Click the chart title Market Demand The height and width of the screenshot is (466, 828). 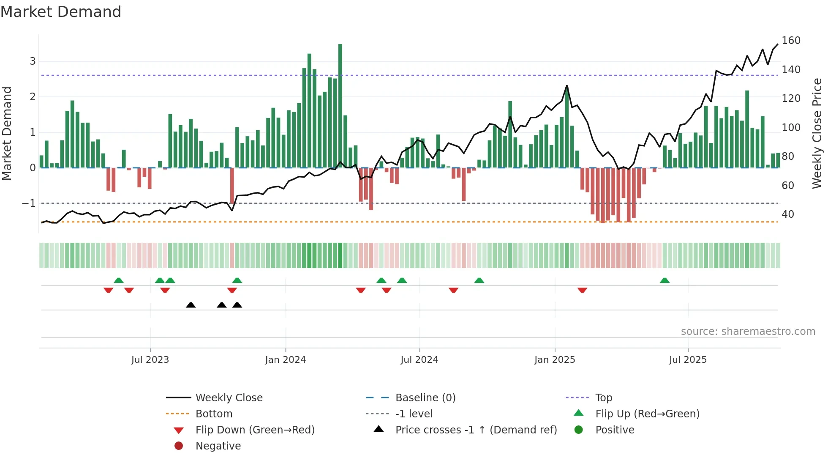[61, 12]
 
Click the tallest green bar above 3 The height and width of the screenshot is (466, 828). [340, 106]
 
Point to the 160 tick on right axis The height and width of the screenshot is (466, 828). [791, 41]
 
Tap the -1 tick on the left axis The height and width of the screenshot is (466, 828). [29, 203]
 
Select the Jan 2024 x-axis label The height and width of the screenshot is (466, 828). [285, 360]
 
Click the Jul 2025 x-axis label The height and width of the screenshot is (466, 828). [687, 360]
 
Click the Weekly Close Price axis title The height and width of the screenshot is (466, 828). [817, 133]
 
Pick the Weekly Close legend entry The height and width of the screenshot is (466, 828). [229, 398]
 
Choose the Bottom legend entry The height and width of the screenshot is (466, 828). [214, 414]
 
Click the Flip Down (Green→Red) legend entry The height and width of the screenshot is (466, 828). [255, 430]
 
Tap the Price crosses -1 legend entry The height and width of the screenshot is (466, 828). [476, 430]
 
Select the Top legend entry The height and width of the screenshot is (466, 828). [604, 398]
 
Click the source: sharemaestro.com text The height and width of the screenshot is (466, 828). [748, 332]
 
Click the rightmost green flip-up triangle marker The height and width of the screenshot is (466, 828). [665, 280]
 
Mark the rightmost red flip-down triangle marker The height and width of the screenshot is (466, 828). [582, 290]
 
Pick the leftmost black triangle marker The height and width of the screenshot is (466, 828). [191, 305]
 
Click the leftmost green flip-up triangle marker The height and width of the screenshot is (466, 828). [119, 280]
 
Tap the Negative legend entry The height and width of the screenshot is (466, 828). [218, 446]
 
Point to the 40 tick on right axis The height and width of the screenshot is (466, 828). [787, 214]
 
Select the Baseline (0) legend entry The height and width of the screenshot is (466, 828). [425, 398]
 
